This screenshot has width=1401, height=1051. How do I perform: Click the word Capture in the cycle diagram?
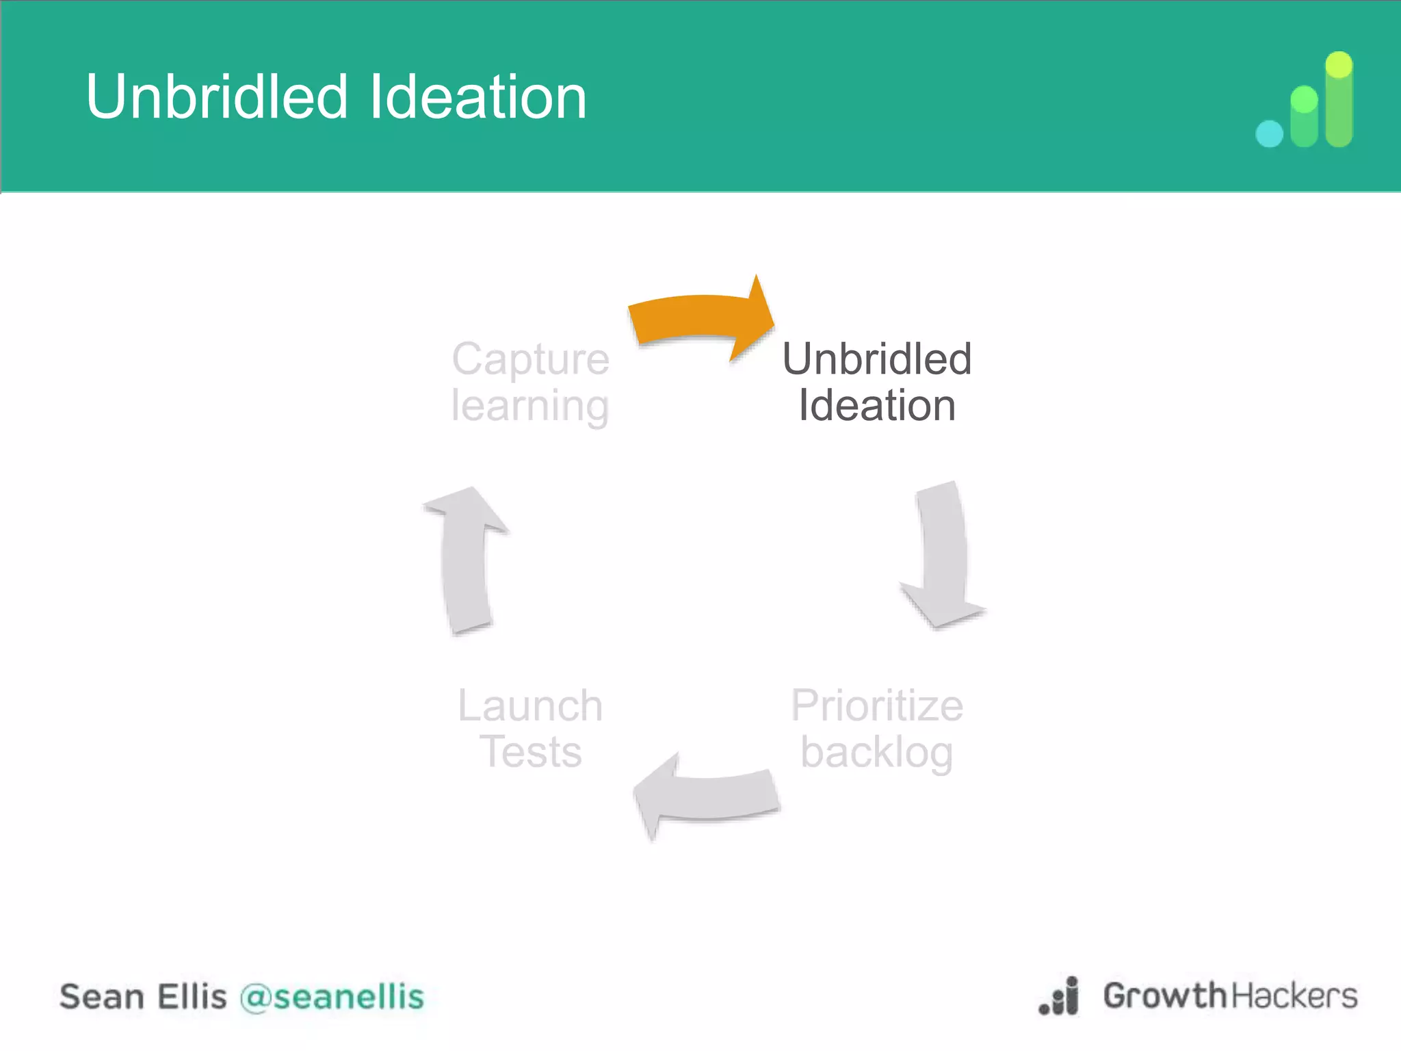[530, 359]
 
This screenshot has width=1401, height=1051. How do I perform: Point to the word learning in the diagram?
[530, 406]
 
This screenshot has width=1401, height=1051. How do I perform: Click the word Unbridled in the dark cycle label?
[876, 359]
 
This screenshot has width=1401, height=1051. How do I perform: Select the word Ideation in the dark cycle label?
[876, 405]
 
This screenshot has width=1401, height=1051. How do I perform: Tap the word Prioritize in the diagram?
[876, 705]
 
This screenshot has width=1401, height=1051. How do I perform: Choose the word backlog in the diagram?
[876, 753]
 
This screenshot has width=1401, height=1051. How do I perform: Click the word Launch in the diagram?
[530, 705]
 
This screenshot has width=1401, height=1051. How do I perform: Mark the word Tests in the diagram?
[530, 752]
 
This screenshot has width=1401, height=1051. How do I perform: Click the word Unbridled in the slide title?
[217, 97]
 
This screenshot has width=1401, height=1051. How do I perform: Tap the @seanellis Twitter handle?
[332, 997]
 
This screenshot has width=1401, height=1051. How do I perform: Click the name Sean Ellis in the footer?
[143, 997]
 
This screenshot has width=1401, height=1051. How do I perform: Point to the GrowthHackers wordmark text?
[1230, 996]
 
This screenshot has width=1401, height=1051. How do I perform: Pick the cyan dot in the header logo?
[1270, 133]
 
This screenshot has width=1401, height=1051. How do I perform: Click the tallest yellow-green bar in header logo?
[1339, 99]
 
